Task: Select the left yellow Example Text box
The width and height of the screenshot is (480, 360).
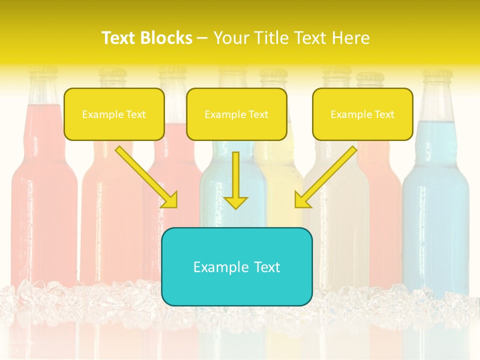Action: tap(114, 114)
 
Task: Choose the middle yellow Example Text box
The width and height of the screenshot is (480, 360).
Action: tap(236, 114)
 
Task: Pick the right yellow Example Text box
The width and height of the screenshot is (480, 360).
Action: tap(362, 114)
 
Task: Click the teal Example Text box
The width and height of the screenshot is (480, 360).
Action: tap(236, 266)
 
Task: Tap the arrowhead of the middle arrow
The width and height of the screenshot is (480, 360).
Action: tap(235, 202)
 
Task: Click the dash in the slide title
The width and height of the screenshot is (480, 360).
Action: tap(202, 37)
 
